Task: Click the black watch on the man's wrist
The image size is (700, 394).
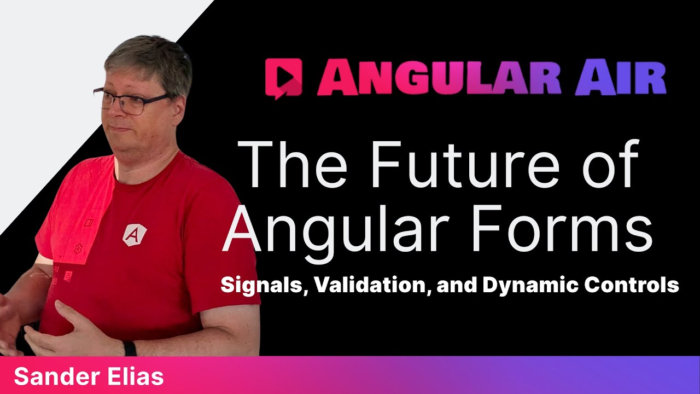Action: point(129,349)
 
